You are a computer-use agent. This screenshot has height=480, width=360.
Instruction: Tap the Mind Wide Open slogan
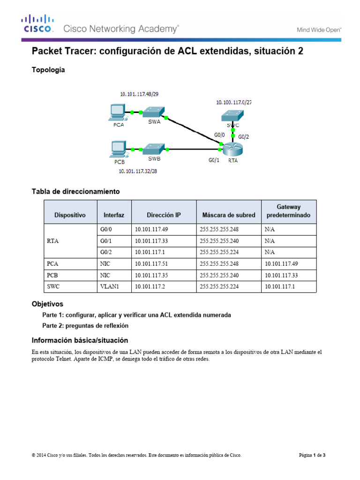[x=319, y=30]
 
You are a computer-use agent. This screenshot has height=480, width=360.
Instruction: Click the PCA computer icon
[x=116, y=112]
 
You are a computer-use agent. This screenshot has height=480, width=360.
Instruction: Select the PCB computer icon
[x=116, y=149]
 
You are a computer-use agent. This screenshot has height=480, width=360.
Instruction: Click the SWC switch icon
[x=232, y=115]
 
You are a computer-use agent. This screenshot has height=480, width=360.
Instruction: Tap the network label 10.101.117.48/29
[x=139, y=94]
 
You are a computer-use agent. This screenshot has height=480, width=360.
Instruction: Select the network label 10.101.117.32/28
[x=138, y=172]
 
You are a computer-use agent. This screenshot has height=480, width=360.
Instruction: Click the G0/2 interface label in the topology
[x=244, y=137]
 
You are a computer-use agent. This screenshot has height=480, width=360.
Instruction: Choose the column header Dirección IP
[x=164, y=215]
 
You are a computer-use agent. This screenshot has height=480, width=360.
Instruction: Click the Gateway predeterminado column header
[x=288, y=211]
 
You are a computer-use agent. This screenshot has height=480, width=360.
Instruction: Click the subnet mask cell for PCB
[x=219, y=275]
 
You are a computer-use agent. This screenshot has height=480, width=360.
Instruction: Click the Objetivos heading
[x=47, y=304]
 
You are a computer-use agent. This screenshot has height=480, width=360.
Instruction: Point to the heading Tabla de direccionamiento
[x=75, y=191]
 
